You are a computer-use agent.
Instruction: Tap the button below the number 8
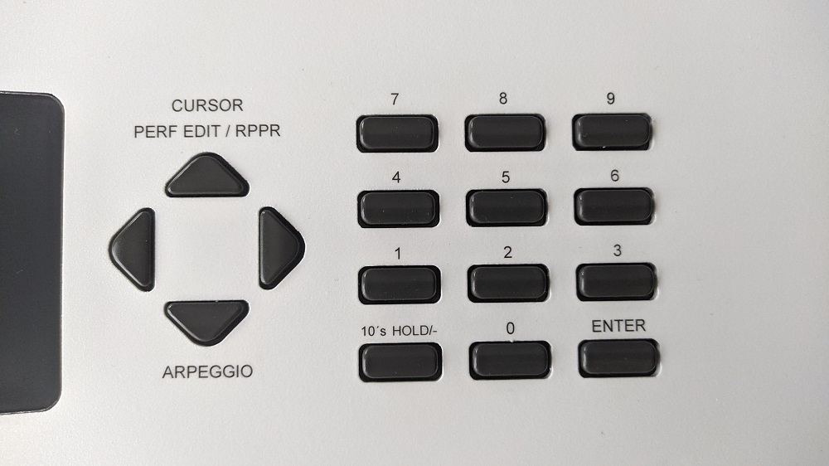(505, 132)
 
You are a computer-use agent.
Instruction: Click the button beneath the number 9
(613, 131)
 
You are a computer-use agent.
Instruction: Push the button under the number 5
(507, 207)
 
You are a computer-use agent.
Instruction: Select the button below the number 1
(400, 284)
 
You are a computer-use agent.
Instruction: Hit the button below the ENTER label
(618, 358)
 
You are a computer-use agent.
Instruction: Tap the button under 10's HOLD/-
(400, 362)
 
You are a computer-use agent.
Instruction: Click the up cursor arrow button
(207, 176)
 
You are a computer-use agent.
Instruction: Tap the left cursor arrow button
(133, 249)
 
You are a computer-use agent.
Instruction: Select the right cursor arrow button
(281, 248)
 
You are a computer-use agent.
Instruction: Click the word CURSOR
(207, 105)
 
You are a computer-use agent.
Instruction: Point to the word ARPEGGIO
(207, 371)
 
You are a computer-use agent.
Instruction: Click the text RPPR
(258, 131)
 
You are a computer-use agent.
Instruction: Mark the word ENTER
(618, 326)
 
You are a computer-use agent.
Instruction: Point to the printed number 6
(614, 176)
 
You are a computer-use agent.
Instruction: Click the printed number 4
(396, 177)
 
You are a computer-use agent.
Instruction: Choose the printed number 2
(507, 252)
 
